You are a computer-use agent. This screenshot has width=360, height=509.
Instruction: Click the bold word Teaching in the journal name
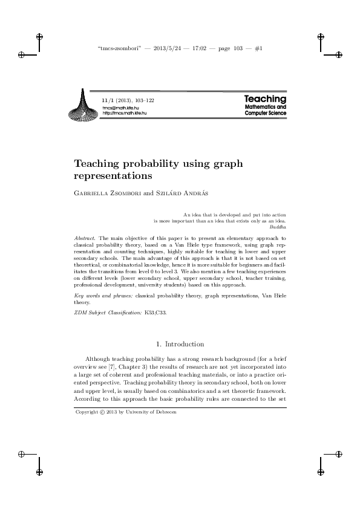pos(265,99)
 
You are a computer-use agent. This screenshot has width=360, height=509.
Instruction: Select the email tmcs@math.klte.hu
pos(122,107)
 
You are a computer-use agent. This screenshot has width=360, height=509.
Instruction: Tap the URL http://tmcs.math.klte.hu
pos(125,112)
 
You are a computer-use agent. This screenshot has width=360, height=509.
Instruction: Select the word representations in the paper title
pos(112,177)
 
